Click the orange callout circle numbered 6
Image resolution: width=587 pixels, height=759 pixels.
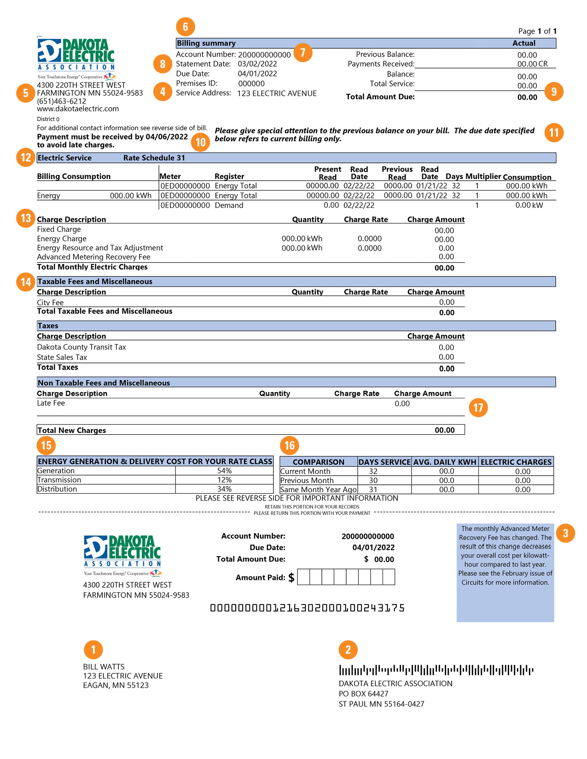[x=186, y=27]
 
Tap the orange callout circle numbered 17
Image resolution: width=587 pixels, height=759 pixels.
[x=478, y=408]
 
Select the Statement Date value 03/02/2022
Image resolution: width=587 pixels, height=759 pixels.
[x=257, y=64]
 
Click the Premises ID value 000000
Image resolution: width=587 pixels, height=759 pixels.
[x=251, y=84]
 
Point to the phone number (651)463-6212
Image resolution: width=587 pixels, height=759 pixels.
[x=62, y=101]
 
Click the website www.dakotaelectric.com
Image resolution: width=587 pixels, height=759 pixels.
[x=78, y=109]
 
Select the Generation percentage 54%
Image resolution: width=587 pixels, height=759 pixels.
[x=224, y=471]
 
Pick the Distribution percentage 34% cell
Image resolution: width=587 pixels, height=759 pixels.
[x=224, y=489]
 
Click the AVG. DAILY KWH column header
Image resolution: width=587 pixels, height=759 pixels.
[x=445, y=462]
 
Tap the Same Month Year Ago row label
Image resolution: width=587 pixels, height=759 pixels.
[x=318, y=490]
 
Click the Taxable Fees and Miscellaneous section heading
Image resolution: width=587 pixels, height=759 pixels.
[x=95, y=282]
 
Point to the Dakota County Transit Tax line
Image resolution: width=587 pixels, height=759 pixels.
[x=81, y=347]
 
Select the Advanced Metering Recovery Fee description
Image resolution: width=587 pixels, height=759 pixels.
[x=93, y=257]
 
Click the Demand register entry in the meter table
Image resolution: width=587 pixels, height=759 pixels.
[x=229, y=206]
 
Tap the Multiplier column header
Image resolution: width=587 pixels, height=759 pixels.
[x=483, y=177]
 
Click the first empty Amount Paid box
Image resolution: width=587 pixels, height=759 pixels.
[x=304, y=577]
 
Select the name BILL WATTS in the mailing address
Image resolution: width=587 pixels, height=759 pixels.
[x=104, y=667]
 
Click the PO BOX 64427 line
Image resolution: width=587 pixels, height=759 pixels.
[x=364, y=694]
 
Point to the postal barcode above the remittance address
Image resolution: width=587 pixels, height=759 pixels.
[x=436, y=670]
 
